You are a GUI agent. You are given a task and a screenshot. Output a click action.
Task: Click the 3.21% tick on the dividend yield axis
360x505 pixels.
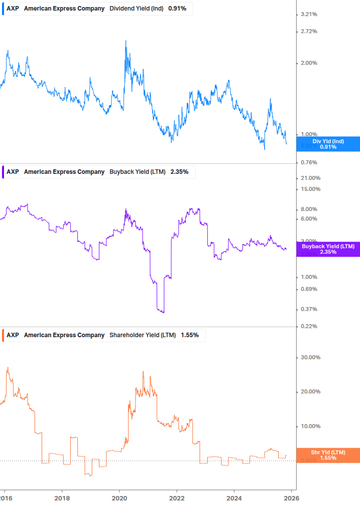(x=309, y=15)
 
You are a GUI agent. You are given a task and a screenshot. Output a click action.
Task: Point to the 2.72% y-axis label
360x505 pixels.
(x=309, y=32)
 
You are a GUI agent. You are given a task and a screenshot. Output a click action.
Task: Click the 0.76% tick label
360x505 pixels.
(x=309, y=162)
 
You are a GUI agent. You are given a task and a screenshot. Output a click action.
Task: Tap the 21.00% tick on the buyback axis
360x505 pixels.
(x=310, y=178)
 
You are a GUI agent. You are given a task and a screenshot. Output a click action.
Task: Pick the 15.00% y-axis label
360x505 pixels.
(x=310, y=189)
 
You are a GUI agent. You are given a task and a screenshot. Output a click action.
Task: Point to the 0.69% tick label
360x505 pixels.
(x=309, y=289)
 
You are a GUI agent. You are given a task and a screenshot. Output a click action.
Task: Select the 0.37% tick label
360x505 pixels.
(x=309, y=310)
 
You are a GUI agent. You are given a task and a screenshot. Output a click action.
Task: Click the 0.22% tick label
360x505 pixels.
(x=309, y=327)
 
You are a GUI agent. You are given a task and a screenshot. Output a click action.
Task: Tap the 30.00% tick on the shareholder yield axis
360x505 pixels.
(x=310, y=358)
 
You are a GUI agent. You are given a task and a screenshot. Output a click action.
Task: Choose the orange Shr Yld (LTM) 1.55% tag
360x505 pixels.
(x=328, y=455)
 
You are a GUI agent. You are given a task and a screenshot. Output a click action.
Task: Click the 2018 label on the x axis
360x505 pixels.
(x=62, y=498)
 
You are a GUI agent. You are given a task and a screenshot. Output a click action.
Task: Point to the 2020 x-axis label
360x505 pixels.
(x=119, y=498)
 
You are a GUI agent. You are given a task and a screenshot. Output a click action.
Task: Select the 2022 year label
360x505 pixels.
(x=177, y=498)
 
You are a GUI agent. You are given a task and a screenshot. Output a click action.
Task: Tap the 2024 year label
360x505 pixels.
(x=234, y=498)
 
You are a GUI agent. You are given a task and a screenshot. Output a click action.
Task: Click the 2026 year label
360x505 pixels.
(x=292, y=498)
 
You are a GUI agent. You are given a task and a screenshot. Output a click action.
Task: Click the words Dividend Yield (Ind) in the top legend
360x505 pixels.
(x=136, y=9)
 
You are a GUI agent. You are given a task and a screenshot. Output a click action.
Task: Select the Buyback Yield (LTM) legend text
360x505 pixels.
(x=137, y=172)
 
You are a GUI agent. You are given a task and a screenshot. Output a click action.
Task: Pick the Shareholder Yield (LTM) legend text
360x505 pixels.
(x=143, y=335)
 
